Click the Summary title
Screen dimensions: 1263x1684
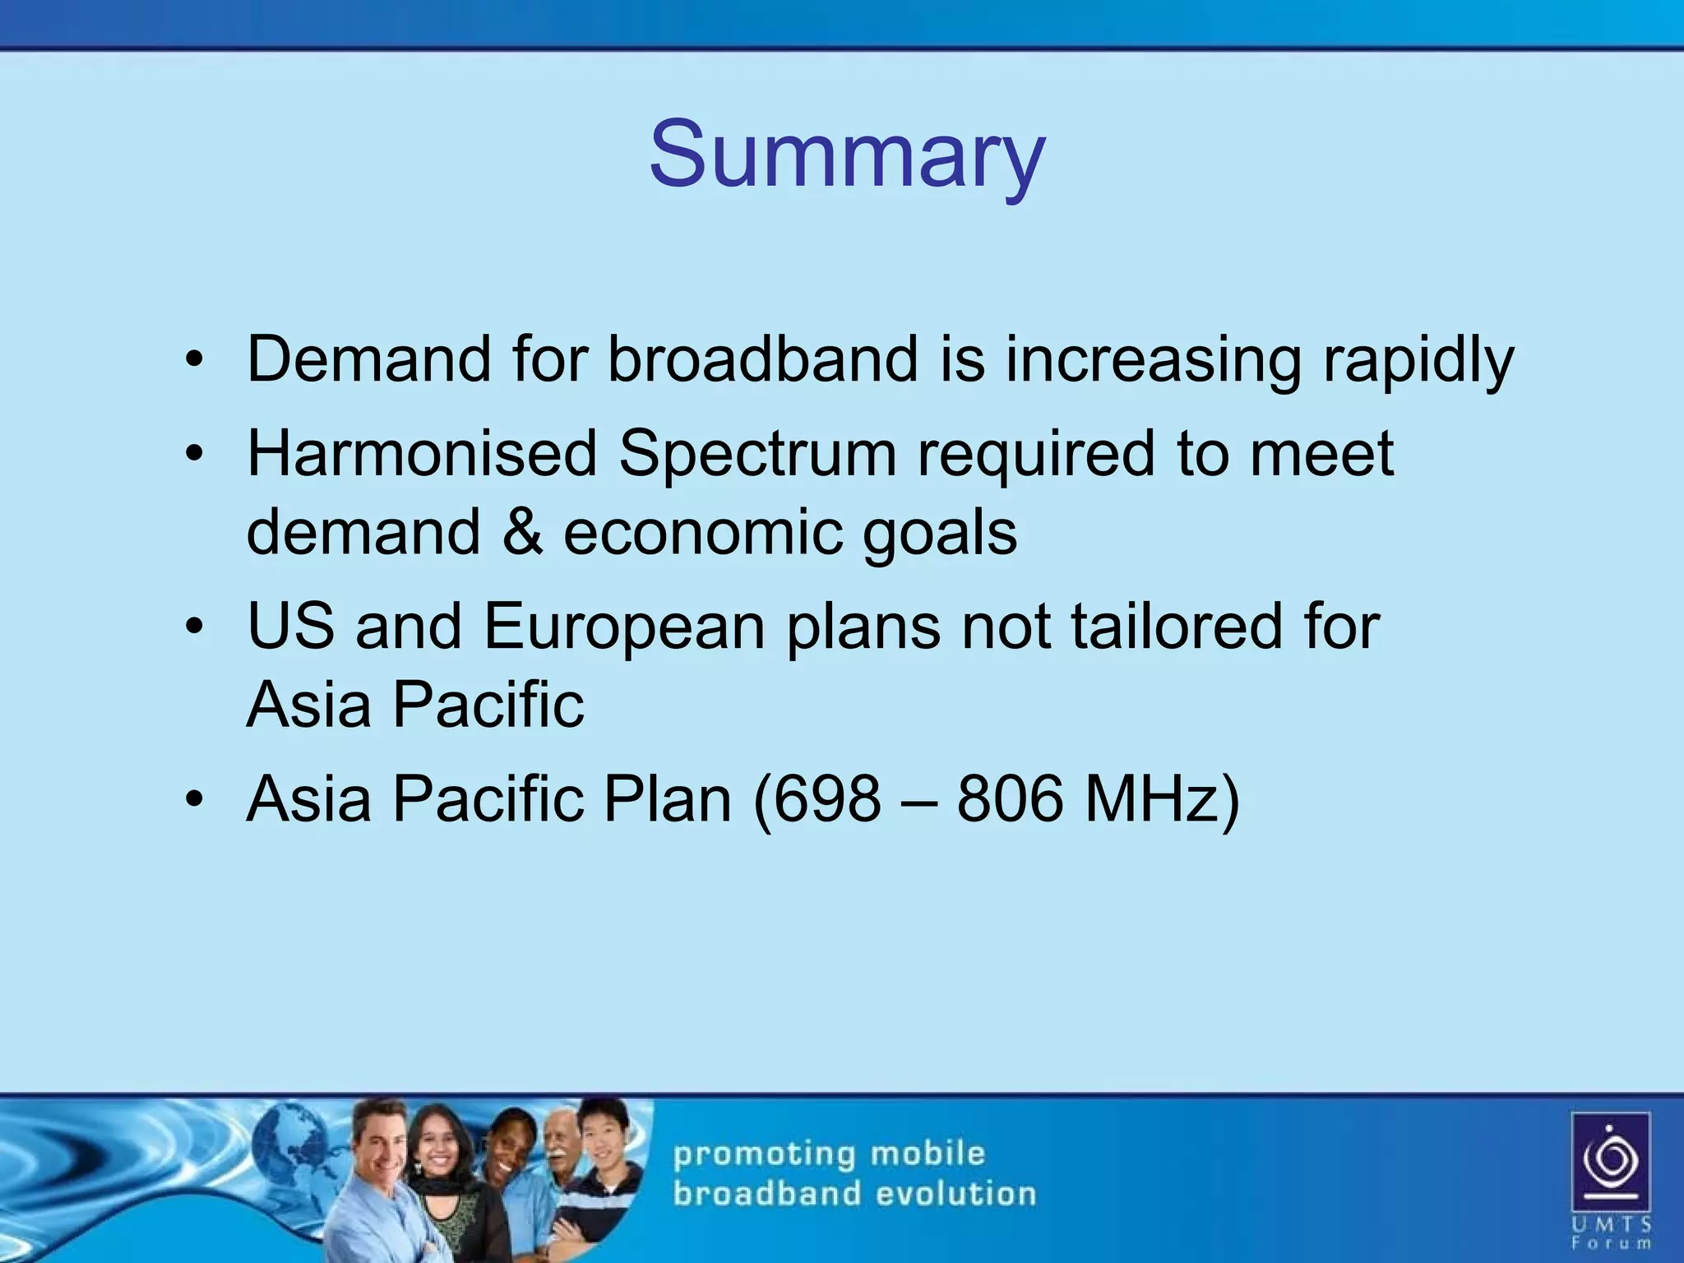846,155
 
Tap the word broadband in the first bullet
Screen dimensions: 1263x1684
762,359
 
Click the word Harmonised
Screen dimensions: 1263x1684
422,453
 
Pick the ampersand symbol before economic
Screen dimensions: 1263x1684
522,532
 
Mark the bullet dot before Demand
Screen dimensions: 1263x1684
193,359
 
